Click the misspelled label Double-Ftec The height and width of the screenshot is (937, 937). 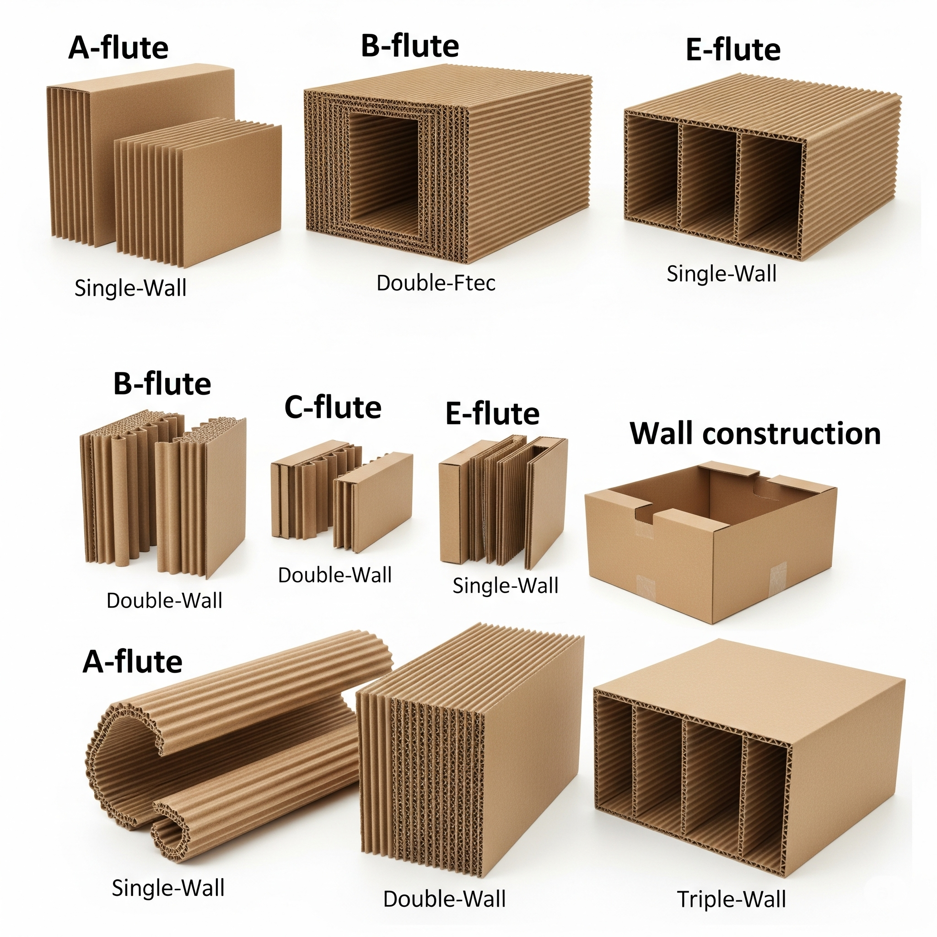tap(436, 283)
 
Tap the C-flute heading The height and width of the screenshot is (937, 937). tap(333, 407)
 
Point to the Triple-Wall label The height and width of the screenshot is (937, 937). tap(732, 899)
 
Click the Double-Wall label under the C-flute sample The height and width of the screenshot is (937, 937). tap(334, 575)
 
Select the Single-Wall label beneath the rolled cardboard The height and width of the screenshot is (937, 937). tap(168, 888)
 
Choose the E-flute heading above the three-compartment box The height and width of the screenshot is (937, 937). tap(733, 50)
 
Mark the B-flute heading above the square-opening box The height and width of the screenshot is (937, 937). tap(410, 46)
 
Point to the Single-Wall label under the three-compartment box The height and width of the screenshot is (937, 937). tap(721, 274)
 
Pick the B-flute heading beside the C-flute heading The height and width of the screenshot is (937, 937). tap(162, 384)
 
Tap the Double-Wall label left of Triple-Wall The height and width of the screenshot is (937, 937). tap(444, 899)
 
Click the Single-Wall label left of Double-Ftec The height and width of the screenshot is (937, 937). tap(130, 288)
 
